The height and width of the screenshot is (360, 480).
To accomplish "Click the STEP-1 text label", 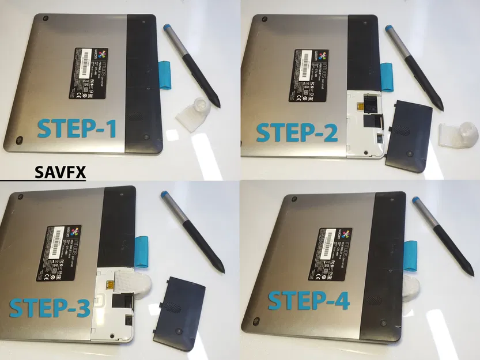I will [77, 128].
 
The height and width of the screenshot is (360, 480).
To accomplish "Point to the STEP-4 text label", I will [309, 300].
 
